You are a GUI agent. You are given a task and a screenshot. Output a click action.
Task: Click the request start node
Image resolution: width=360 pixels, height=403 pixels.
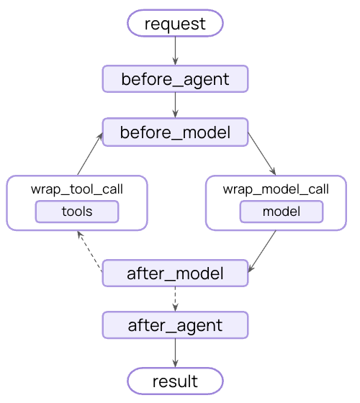tap(175, 24)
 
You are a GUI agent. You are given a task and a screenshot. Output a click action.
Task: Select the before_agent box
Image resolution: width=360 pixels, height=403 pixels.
tap(175, 79)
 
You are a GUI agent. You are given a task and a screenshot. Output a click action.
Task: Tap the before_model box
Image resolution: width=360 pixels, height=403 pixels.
tap(175, 132)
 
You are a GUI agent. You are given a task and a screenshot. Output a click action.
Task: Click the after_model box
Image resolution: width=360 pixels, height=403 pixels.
tap(175, 273)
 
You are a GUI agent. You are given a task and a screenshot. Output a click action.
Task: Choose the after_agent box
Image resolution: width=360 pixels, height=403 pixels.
tap(175, 325)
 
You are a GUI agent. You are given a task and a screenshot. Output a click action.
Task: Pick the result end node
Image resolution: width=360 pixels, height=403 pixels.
tap(175, 380)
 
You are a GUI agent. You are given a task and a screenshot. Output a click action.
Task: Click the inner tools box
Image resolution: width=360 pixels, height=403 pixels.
tap(77, 212)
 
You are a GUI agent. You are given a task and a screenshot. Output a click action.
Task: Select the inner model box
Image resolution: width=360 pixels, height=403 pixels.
tap(281, 212)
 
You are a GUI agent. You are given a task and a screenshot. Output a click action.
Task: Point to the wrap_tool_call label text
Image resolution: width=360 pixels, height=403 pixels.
tap(77, 190)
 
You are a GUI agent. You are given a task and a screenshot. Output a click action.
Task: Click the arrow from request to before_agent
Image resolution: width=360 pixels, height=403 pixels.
tap(175, 51)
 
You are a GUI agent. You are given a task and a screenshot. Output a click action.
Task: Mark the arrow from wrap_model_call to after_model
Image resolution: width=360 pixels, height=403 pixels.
tap(263, 251)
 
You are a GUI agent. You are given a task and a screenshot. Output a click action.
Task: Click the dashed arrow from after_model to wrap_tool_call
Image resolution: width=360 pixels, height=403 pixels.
tap(90, 252)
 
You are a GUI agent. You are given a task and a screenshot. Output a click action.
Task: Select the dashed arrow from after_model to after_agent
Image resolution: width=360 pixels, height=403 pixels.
tap(175, 299)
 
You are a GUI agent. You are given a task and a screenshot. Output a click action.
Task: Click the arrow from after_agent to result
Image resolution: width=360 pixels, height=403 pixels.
tap(175, 353)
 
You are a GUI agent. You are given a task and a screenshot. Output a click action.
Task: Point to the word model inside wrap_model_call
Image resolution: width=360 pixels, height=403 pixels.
tap(281, 212)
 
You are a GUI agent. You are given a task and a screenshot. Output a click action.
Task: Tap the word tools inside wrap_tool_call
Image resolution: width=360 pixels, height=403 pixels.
tap(77, 212)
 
